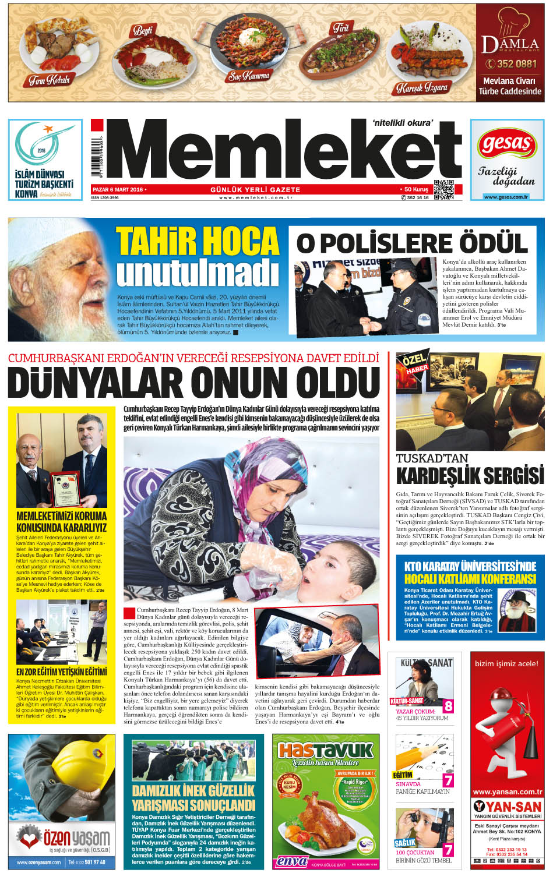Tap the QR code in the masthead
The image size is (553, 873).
click(445, 189)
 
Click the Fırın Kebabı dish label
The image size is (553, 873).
click(50, 80)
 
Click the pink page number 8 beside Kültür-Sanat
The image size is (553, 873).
click(448, 706)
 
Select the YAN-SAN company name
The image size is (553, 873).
click(506, 807)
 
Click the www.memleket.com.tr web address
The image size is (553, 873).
click(255, 198)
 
